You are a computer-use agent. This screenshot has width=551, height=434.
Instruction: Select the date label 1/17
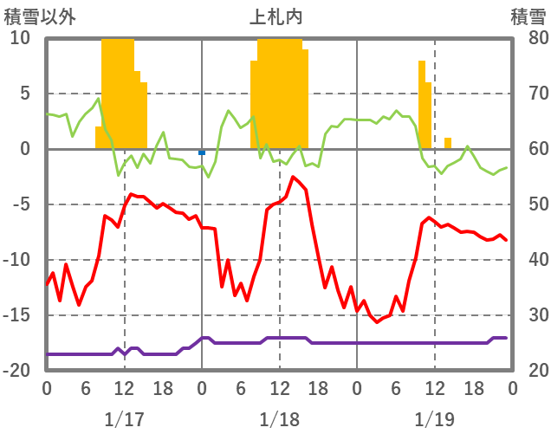[x=124, y=419]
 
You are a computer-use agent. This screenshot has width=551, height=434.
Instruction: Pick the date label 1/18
[x=279, y=419]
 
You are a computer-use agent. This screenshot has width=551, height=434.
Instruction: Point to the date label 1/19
[x=434, y=419]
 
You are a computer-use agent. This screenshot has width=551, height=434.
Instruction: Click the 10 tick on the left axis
[x=21, y=39]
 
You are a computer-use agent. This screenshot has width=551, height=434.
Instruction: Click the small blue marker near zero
[x=202, y=152]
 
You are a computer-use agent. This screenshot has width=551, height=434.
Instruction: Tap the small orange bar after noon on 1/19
[x=448, y=143]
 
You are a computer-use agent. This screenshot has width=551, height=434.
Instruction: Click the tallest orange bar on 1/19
[x=422, y=104]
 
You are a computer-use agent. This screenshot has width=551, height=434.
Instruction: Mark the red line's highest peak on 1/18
[x=293, y=178]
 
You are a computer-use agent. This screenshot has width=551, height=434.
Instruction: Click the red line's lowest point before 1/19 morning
[x=376, y=321]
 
